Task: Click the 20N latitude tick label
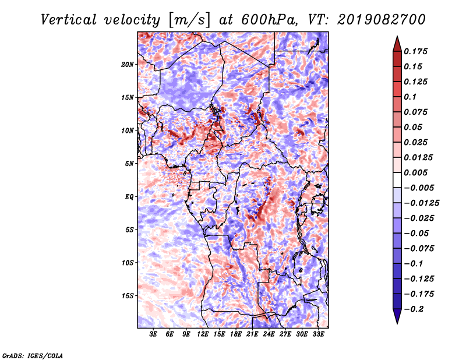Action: tap(128, 64)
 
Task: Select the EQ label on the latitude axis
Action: tap(129, 197)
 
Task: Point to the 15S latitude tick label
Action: tap(128, 296)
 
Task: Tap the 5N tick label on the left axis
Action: tap(129, 164)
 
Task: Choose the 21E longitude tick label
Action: tap(252, 335)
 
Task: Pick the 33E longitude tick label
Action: tap(318, 335)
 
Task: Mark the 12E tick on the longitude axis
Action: tap(203, 335)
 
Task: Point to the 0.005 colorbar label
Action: tap(417, 172)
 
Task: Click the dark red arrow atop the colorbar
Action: tap(397, 43)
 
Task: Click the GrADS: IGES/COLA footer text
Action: tap(33, 355)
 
